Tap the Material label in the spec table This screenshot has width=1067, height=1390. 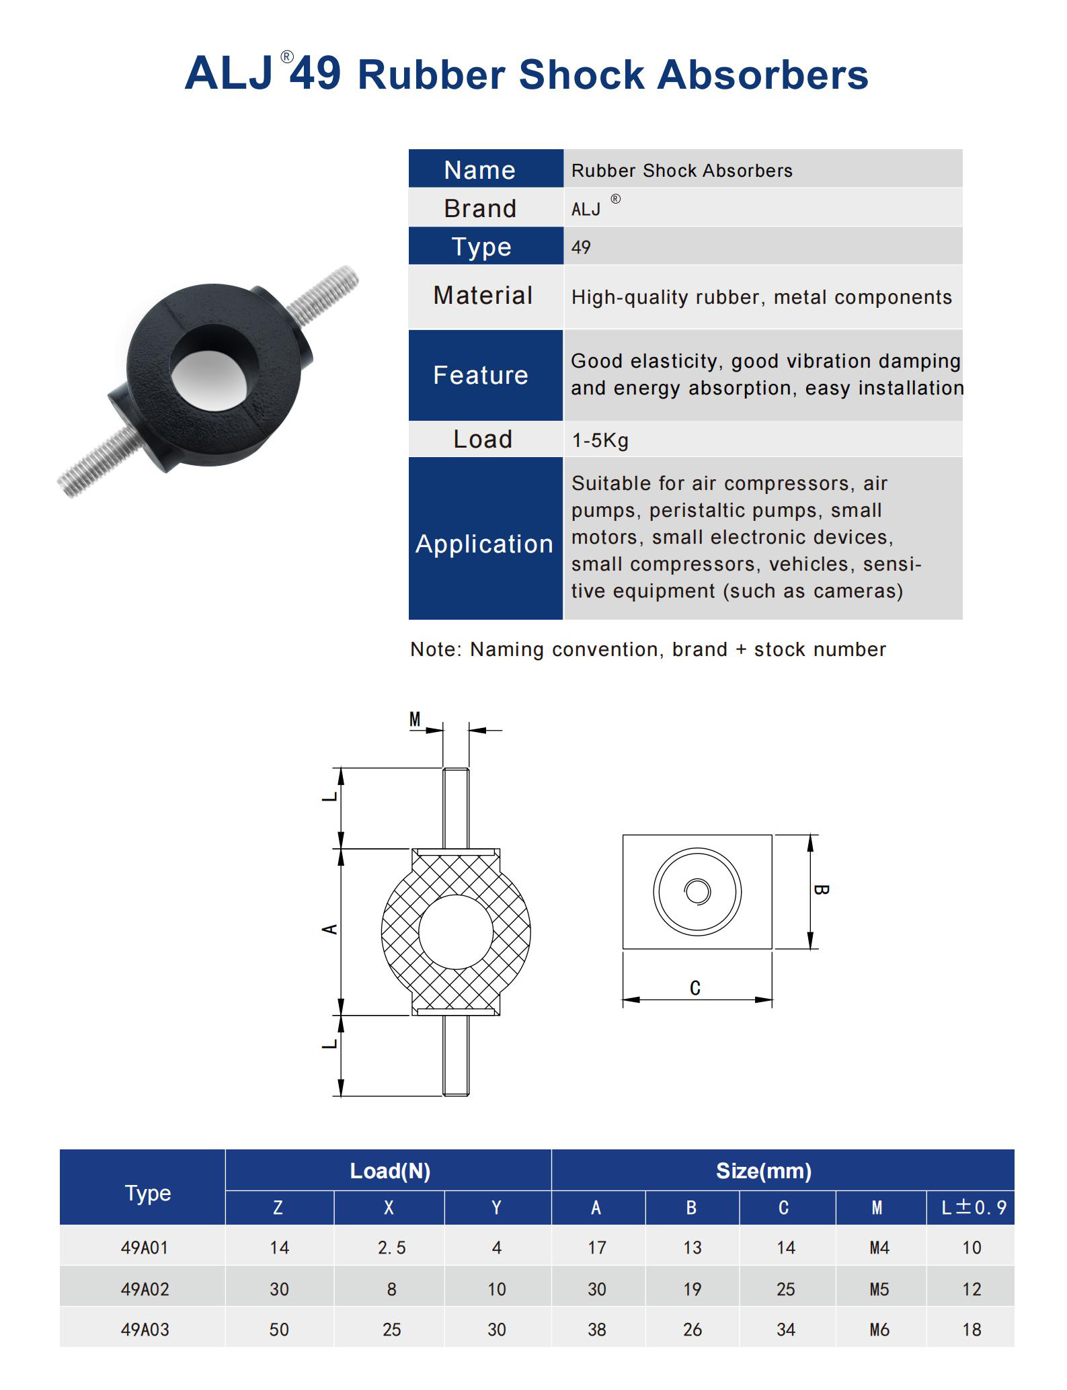pyautogui.click(x=483, y=296)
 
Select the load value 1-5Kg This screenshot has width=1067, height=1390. pyautogui.click(x=600, y=440)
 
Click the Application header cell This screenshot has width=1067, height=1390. pyautogui.click(x=484, y=543)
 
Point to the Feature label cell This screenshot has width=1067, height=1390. pyautogui.click(x=481, y=375)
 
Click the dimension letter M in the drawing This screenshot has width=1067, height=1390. pyautogui.click(x=415, y=720)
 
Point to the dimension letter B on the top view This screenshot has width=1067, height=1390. pyautogui.click(x=821, y=890)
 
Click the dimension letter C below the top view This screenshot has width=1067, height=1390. pyautogui.click(x=695, y=988)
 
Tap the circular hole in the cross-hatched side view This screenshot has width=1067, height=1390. pyautogui.click(x=456, y=932)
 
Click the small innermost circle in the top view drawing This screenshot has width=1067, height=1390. pyautogui.click(x=697, y=892)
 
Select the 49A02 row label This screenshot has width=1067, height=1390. pyautogui.click(x=145, y=1289)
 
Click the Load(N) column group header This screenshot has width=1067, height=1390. pyautogui.click(x=390, y=1171)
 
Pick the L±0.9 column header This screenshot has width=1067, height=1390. pyautogui.click(x=972, y=1208)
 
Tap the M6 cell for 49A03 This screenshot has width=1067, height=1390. pyautogui.click(x=879, y=1330)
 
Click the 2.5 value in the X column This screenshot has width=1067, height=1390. pyautogui.click(x=391, y=1248)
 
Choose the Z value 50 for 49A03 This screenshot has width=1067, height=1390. pyautogui.click(x=279, y=1330)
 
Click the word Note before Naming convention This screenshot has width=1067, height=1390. pyautogui.click(x=434, y=649)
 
